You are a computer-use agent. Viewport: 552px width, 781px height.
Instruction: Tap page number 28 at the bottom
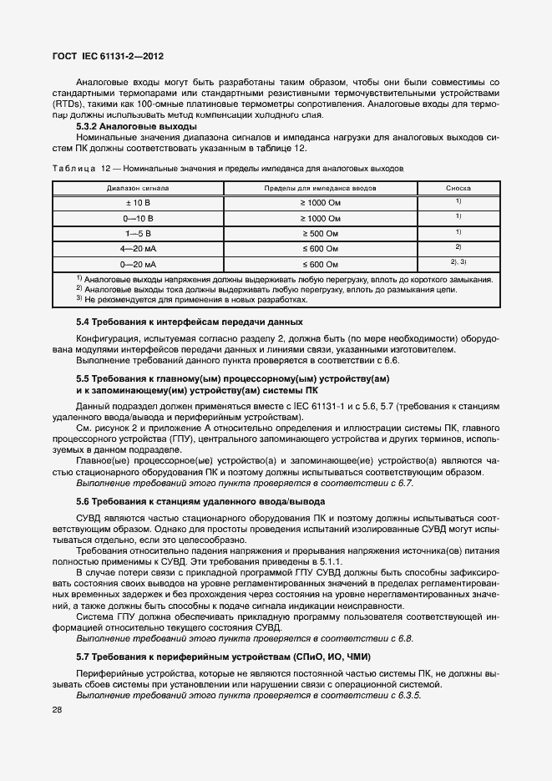58,710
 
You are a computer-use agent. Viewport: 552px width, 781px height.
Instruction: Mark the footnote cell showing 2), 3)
458,262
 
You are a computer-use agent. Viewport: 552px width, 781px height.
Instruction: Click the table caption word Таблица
73,168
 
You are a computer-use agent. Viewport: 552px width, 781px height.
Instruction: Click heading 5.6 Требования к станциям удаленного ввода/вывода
200,501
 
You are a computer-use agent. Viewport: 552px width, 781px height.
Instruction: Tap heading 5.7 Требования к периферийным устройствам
222,657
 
